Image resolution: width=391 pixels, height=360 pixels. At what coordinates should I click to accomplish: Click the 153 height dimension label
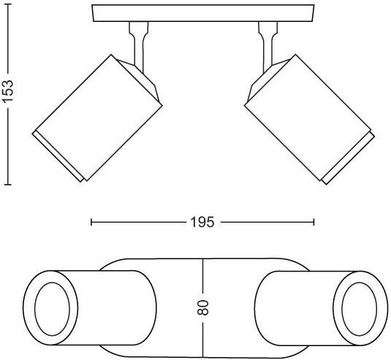pyautogui.click(x=7, y=91)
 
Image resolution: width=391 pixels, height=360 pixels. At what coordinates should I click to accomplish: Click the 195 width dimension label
pyautogui.click(x=202, y=222)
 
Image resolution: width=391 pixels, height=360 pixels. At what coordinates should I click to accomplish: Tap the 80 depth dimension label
pyautogui.click(x=202, y=307)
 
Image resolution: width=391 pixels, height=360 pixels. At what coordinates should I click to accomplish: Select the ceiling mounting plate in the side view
pyautogui.click(x=203, y=13)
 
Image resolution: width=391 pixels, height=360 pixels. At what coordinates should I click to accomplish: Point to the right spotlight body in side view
pyautogui.click(x=308, y=117)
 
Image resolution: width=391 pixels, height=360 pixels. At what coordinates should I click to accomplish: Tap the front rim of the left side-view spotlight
pyautogui.click(x=58, y=156)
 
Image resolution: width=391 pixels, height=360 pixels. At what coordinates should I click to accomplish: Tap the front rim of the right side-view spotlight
pyautogui.click(x=349, y=158)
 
